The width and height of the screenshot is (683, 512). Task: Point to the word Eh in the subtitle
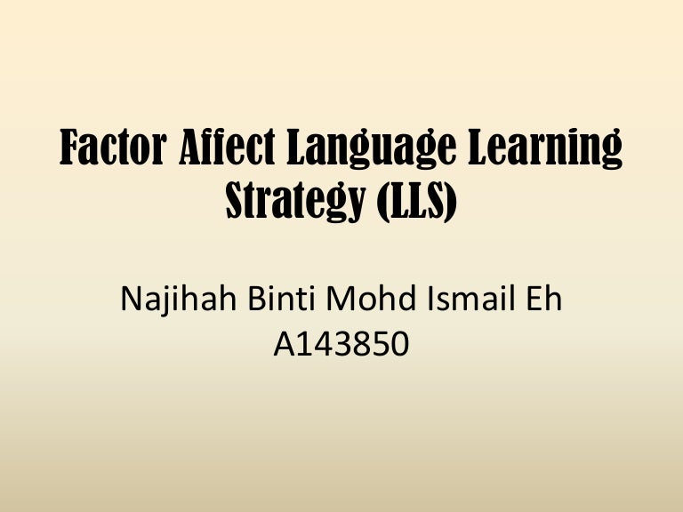[545, 300]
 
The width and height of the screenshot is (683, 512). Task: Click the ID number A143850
[341, 344]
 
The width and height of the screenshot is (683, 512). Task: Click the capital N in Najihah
[131, 300]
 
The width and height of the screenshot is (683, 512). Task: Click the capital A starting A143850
[285, 344]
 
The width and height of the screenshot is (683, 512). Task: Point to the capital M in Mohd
[341, 300]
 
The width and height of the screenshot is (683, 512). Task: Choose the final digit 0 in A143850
[398, 344]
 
